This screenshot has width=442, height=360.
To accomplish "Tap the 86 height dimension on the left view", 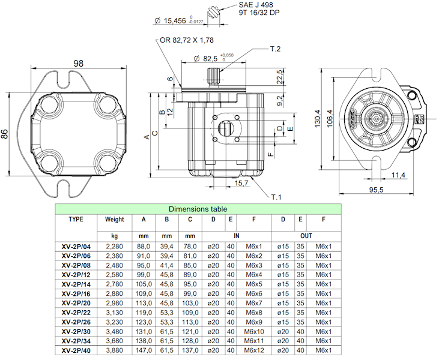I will [5, 134].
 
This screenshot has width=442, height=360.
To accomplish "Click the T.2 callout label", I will [276, 48].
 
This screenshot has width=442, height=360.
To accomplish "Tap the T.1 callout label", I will [276, 196].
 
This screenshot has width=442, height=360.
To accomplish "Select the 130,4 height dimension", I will [318, 117].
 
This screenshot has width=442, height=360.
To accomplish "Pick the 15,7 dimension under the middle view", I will [241, 183].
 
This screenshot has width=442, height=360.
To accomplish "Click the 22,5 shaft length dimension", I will [280, 79].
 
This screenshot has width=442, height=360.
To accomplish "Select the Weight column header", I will [114, 220].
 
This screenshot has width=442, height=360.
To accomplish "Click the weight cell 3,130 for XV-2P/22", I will [114, 313].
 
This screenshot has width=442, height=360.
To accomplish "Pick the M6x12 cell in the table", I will [253, 350].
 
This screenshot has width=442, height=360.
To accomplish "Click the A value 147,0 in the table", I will [144, 350].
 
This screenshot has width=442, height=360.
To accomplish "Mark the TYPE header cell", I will [76, 220].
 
